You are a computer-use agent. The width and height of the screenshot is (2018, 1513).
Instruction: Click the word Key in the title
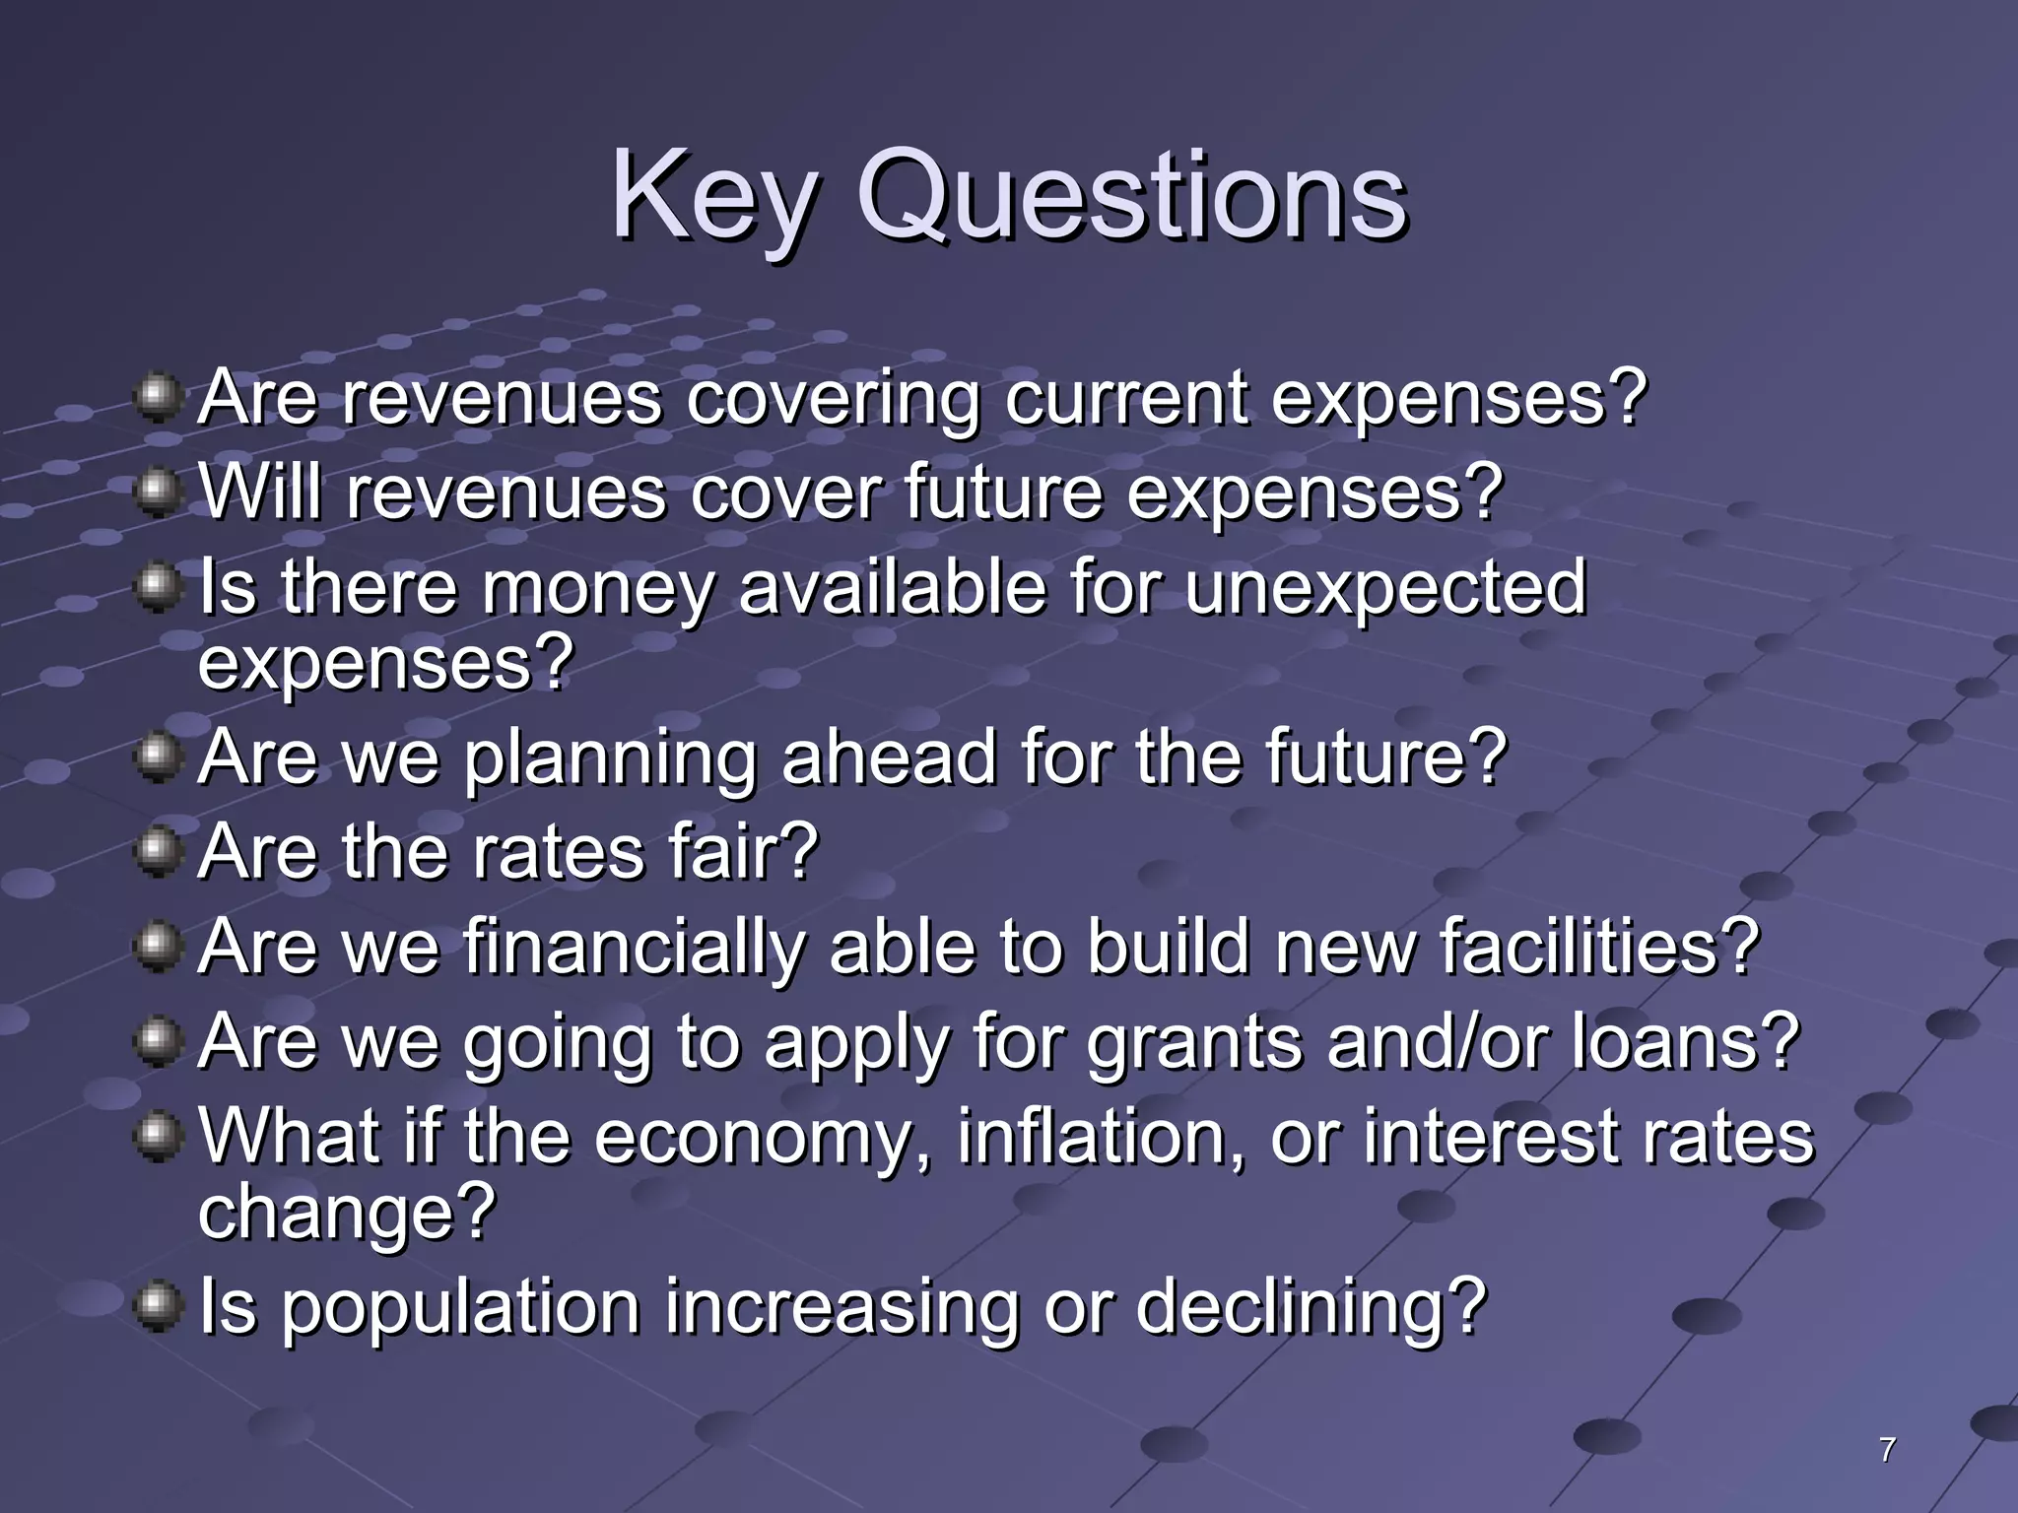click(x=711, y=197)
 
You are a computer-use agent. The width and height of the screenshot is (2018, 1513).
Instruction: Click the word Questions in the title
click(x=1131, y=197)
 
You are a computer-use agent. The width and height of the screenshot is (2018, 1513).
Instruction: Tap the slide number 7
click(x=1887, y=1449)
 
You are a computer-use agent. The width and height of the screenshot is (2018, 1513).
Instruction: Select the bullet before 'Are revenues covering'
click(x=157, y=398)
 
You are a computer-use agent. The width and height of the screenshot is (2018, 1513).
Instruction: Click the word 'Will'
click(x=260, y=493)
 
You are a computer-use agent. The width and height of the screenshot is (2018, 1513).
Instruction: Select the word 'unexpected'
click(x=1385, y=589)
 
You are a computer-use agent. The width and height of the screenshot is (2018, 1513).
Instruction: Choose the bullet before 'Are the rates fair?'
click(x=157, y=851)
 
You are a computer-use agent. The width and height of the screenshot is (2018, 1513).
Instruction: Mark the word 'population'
click(x=459, y=1308)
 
